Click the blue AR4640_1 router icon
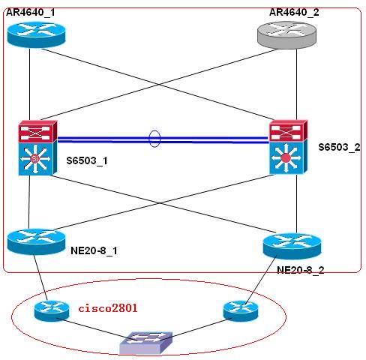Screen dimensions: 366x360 point(36,34)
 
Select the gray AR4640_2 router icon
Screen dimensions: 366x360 point(286,35)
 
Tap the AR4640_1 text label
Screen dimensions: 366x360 point(31,12)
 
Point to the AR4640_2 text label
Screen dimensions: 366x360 point(294,12)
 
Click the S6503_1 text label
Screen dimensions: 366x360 point(87,160)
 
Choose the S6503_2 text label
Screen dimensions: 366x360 point(339,147)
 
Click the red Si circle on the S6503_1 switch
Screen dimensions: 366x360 point(34,158)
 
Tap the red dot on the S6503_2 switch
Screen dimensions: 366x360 point(286,158)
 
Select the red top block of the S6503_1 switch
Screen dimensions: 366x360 point(37,131)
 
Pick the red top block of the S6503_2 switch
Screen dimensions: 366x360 point(289,130)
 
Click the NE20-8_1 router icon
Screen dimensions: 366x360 point(36,241)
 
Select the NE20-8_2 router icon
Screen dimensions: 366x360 point(292,245)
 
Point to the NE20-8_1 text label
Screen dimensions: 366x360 point(94,250)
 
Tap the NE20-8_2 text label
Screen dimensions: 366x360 point(301,270)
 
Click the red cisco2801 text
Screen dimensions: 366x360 point(108,308)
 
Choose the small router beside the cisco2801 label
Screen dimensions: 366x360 point(52,310)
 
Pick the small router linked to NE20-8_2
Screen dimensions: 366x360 point(240,310)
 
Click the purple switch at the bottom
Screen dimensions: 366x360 point(146,343)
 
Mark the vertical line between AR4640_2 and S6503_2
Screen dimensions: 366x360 point(296,84)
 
